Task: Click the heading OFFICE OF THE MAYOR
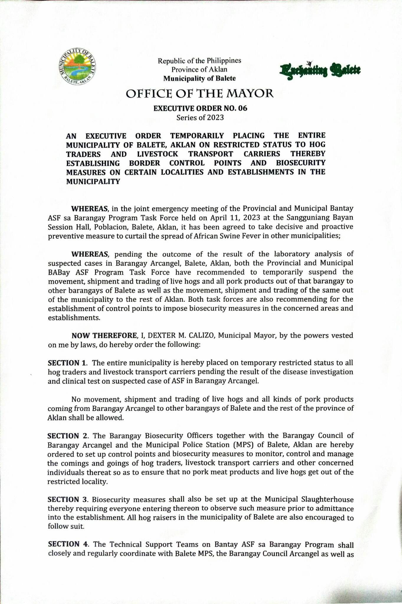200,94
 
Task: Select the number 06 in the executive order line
242,108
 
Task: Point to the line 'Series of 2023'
200,118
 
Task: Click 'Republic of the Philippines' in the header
200,61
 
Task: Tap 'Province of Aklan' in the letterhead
200,70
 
